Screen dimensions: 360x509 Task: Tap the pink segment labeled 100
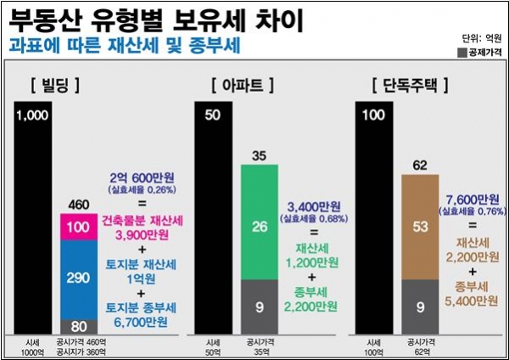point(78,228)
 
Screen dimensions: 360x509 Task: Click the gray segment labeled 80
point(78,324)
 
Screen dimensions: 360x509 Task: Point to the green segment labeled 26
point(261,226)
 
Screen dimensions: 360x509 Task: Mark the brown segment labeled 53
point(418,227)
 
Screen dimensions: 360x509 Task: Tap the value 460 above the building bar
point(78,205)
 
